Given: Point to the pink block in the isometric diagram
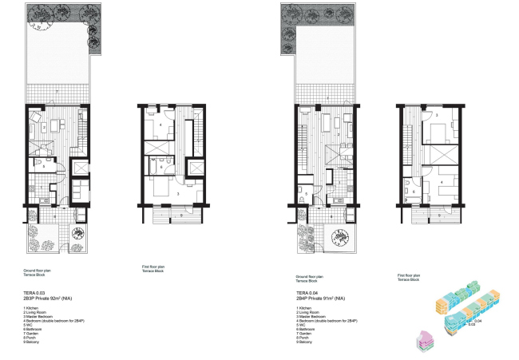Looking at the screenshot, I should pos(424,339).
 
